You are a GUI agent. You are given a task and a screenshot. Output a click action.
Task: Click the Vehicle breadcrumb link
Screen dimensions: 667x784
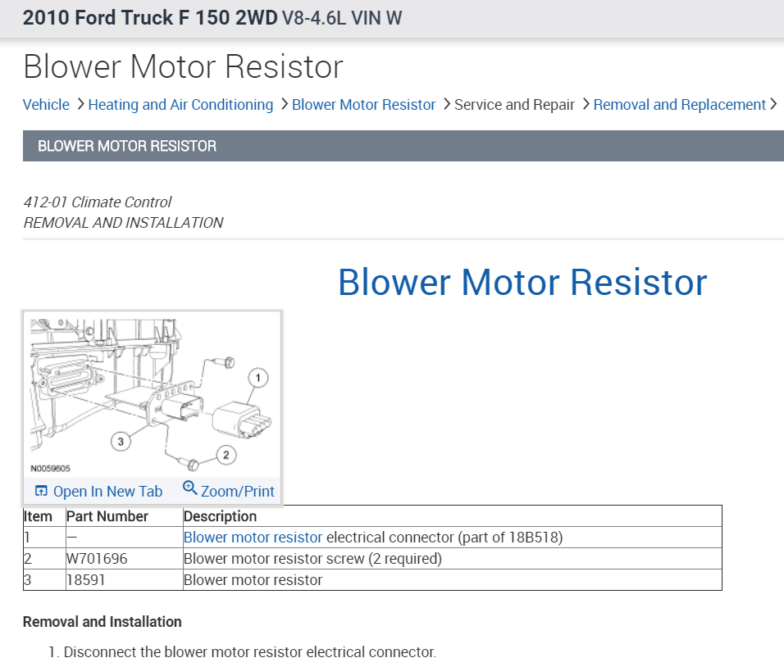click(x=46, y=105)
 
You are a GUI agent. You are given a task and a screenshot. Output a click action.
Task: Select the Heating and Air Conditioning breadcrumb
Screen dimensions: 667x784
click(x=180, y=105)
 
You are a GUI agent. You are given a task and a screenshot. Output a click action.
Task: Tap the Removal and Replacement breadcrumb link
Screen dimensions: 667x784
click(x=679, y=105)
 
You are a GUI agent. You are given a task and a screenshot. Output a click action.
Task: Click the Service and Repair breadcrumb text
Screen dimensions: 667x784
click(x=514, y=105)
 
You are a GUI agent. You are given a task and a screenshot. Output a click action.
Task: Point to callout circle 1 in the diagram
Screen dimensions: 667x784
click(x=258, y=378)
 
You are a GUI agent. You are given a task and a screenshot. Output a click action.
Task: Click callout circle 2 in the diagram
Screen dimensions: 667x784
click(x=226, y=454)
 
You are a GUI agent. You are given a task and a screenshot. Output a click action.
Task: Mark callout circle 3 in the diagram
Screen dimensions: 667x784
click(x=121, y=442)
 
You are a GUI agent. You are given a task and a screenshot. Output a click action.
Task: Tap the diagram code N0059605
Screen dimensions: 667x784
click(x=50, y=470)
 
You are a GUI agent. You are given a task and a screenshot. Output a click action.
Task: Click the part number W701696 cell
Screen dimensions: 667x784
click(x=97, y=559)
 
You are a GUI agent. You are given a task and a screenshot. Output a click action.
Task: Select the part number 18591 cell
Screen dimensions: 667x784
click(x=86, y=580)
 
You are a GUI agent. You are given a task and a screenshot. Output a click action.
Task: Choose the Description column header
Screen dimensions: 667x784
click(x=220, y=516)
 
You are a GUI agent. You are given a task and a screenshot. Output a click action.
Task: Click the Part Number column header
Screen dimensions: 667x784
click(x=107, y=516)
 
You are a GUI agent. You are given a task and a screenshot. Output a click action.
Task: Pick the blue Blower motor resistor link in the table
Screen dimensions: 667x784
click(x=253, y=538)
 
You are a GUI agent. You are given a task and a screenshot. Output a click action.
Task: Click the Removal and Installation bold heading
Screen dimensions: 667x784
click(x=102, y=622)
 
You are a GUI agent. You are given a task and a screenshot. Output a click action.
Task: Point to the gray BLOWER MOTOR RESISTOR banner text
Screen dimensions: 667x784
click(x=127, y=147)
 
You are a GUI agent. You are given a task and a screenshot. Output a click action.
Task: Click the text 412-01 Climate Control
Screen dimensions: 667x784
click(x=98, y=202)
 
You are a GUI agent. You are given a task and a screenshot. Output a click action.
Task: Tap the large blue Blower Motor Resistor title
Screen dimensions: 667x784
click(x=522, y=282)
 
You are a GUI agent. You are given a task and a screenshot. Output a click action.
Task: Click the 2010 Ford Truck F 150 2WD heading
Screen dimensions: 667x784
click(x=150, y=18)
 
